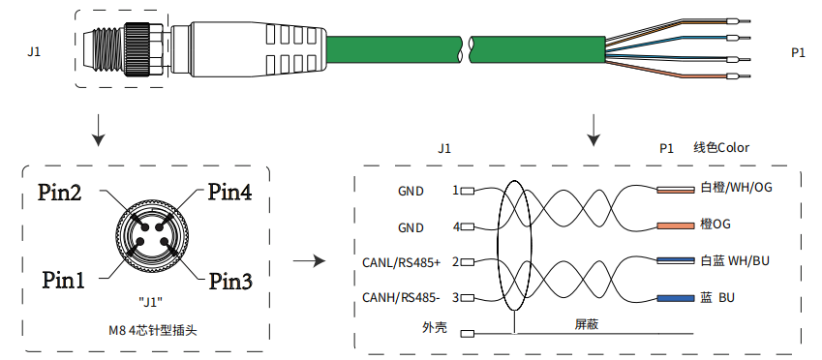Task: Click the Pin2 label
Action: click(x=59, y=193)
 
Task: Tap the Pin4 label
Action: click(x=229, y=192)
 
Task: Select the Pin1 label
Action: click(x=64, y=281)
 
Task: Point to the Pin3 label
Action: click(x=230, y=281)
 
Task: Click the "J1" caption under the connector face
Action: click(x=150, y=302)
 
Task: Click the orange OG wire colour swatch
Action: click(x=675, y=225)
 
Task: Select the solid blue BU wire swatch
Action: click(x=675, y=298)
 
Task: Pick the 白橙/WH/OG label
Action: click(x=736, y=187)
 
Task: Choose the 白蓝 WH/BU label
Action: click(x=735, y=260)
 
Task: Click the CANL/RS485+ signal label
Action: click(x=401, y=262)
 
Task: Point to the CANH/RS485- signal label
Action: click(x=401, y=298)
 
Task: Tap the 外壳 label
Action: click(x=435, y=328)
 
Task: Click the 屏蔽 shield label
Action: click(x=587, y=324)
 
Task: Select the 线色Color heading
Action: click(x=721, y=148)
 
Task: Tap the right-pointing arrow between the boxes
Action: click(x=309, y=260)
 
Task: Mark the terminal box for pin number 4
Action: click(x=468, y=226)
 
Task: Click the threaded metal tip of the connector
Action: click(x=104, y=51)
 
